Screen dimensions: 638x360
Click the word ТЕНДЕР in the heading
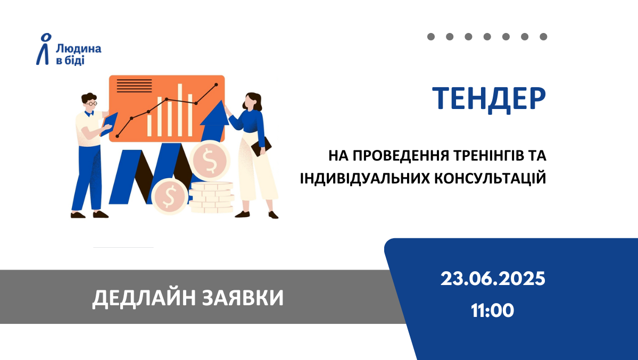click(488, 99)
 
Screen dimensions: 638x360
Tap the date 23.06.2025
click(493, 279)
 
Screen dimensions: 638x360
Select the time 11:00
click(492, 311)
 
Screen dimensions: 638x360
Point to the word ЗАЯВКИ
click(243, 298)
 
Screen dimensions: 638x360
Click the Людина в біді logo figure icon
click(44, 49)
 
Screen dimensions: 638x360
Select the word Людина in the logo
click(79, 49)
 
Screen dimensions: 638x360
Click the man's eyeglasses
click(91, 104)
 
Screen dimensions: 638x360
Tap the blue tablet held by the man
click(109, 124)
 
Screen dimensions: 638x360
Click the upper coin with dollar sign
click(210, 160)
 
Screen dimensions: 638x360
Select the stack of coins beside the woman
click(212, 197)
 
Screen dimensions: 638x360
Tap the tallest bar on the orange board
click(180, 110)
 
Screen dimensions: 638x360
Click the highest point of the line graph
click(216, 85)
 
